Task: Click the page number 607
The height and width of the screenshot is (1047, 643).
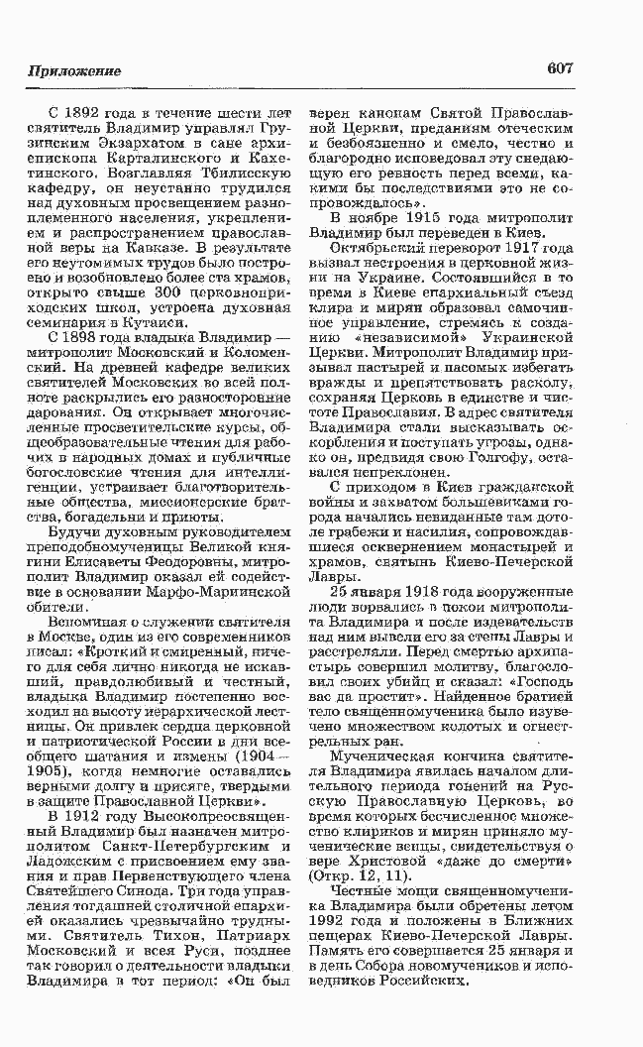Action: coord(560,70)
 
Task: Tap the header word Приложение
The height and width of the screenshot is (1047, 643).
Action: coord(74,72)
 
